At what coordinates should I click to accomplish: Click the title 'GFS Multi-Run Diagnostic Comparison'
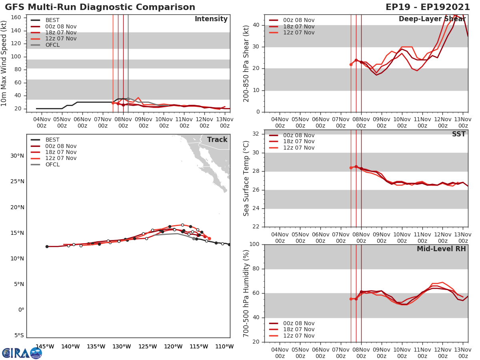click(100, 7)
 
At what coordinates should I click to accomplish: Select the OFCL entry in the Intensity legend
click(52, 45)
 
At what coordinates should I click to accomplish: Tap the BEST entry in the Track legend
click(52, 140)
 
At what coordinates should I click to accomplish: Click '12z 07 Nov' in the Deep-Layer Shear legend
click(298, 32)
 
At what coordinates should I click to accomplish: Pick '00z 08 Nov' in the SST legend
click(298, 135)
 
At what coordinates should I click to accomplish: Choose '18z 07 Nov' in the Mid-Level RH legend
click(298, 330)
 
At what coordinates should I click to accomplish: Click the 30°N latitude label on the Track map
click(17, 156)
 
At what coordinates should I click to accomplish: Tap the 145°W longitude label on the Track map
click(45, 346)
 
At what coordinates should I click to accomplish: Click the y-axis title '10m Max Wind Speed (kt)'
click(4, 64)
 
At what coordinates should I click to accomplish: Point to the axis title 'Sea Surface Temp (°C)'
click(246, 178)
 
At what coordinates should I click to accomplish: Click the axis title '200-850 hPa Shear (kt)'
click(246, 63)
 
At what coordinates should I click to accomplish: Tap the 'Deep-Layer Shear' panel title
click(432, 19)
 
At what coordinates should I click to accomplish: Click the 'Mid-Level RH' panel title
click(441, 249)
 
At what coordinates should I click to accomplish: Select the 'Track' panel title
click(217, 140)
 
